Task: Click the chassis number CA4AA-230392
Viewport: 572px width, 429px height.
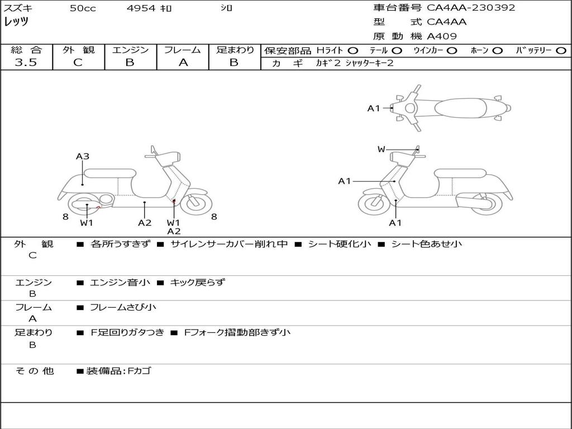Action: point(471,8)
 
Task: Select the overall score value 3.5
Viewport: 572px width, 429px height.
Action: point(26,63)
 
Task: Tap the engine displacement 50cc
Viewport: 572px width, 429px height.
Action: point(83,8)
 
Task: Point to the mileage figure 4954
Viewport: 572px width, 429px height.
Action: point(142,8)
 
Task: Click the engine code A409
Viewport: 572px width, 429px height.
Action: point(442,36)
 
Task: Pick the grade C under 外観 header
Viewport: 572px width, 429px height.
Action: point(78,63)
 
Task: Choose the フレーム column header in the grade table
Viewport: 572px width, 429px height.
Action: point(183,50)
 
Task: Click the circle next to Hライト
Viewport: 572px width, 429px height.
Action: point(353,50)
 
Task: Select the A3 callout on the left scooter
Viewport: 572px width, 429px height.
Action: point(83,156)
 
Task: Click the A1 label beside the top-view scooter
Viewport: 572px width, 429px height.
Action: point(373,108)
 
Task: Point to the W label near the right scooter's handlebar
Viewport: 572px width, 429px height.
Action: point(381,149)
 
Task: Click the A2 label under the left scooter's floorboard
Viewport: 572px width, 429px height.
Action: point(145,223)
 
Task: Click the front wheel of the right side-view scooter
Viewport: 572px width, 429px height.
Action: point(374,202)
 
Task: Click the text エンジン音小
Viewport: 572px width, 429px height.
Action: point(120,283)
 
